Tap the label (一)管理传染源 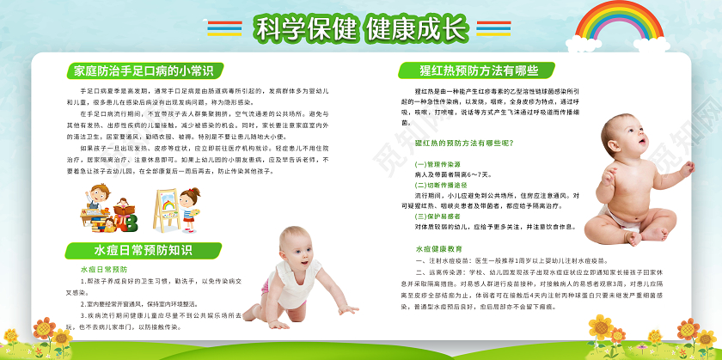pos(438,163)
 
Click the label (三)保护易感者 pos(438,217)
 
